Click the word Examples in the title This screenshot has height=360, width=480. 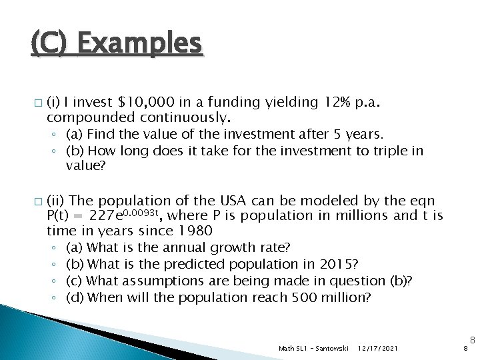pos(139,45)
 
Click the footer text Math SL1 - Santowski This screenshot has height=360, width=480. pos(313,348)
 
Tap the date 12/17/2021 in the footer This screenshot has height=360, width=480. pos(379,348)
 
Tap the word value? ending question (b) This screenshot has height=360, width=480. pos(85,167)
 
